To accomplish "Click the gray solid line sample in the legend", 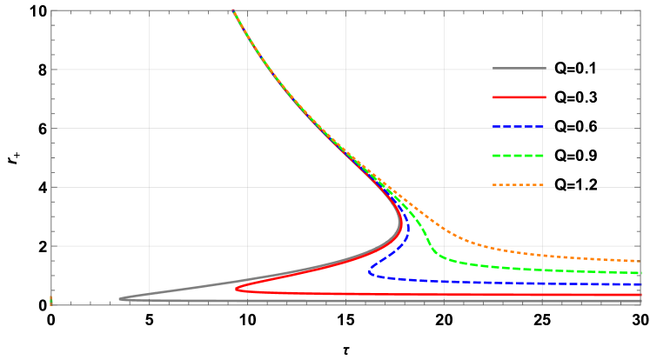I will [x=519, y=68].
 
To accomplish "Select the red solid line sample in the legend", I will [x=519, y=97].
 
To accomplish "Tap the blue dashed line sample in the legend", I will [x=519, y=127].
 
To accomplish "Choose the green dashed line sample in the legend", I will [x=519, y=156].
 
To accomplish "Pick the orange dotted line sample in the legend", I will [x=519, y=185].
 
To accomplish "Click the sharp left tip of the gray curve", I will [x=120, y=299].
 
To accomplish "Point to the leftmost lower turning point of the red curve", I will [x=237, y=288].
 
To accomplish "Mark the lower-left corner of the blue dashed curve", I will [x=370, y=273].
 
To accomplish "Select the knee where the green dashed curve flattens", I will [x=438, y=256].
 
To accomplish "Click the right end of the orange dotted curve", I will [x=640, y=261].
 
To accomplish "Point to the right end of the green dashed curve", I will [x=640, y=273].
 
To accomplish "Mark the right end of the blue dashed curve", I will [x=640, y=284].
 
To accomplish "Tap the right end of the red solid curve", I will [x=640, y=296].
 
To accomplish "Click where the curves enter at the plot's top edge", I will [x=233, y=11].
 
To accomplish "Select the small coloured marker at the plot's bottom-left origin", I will [x=51, y=301].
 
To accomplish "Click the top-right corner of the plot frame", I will [x=640, y=10].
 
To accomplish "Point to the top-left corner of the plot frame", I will [x=51, y=10].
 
